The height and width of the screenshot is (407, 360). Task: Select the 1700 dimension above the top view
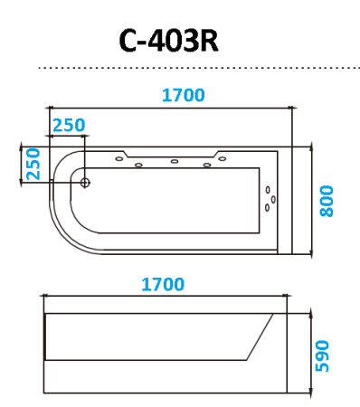click(184, 95)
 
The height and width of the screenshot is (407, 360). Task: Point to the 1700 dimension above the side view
click(163, 284)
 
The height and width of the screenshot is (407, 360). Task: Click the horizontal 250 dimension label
click(70, 124)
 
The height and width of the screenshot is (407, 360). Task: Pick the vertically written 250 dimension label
click(32, 164)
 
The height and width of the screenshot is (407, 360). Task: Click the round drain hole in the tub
click(86, 182)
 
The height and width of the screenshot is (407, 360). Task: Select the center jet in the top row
click(173, 163)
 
